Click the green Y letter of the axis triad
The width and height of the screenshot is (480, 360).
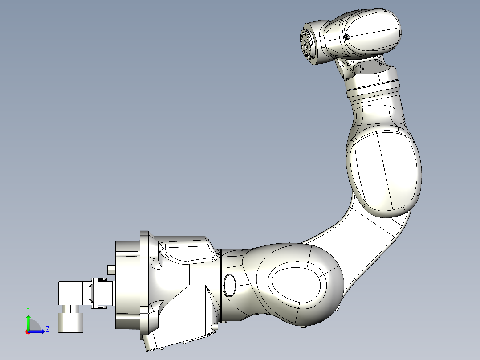pos(28,309)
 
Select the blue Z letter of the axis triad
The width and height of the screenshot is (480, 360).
pos(47,329)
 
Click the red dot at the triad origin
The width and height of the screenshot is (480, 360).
pos(28,331)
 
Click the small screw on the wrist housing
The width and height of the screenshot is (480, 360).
pos(348,37)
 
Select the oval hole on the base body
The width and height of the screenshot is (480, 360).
pos(230,285)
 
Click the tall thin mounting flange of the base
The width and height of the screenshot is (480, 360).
pos(144,285)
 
